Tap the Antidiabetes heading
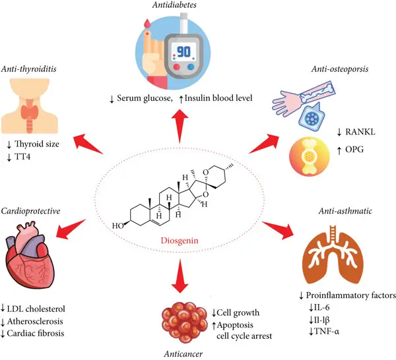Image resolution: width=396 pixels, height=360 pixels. click(179, 7)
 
